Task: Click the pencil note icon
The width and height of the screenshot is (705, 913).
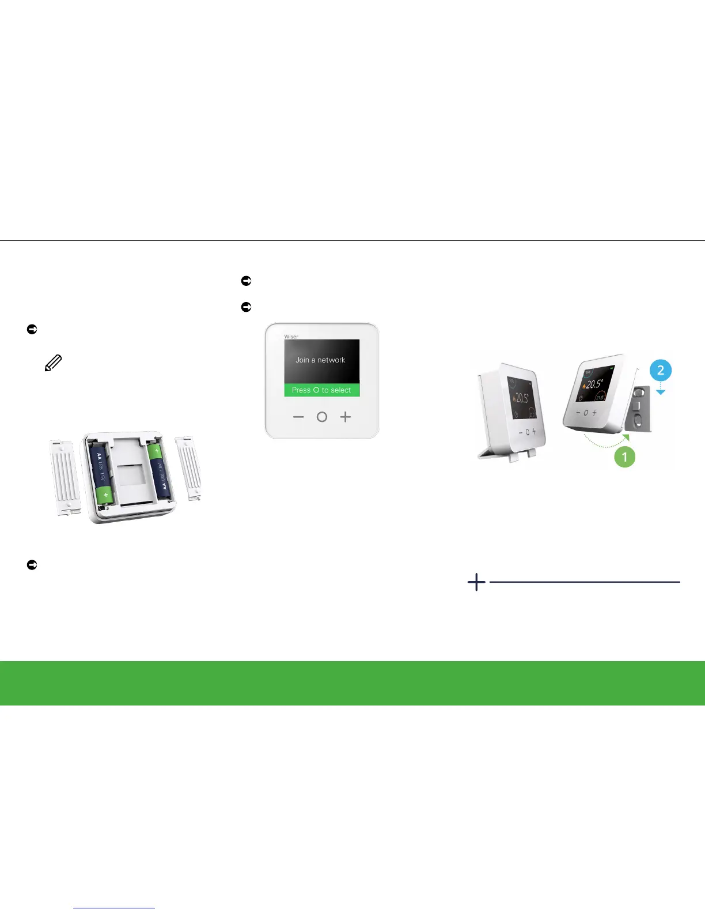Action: pyautogui.click(x=53, y=363)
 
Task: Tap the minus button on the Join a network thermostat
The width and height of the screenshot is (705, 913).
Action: pyautogui.click(x=298, y=417)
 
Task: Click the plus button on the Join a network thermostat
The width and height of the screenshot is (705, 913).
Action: pyautogui.click(x=345, y=417)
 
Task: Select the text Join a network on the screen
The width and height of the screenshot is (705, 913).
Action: pyautogui.click(x=320, y=360)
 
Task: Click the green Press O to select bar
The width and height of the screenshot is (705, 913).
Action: pyautogui.click(x=321, y=390)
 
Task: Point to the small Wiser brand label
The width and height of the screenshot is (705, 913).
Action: pyautogui.click(x=291, y=337)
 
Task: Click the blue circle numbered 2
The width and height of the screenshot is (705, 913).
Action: pyautogui.click(x=661, y=370)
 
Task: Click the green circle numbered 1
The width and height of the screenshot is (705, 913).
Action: pyautogui.click(x=624, y=457)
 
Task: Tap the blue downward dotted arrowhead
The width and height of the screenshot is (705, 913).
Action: pyautogui.click(x=661, y=392)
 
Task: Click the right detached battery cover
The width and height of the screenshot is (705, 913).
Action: pyautogui.click(x=191, y=468)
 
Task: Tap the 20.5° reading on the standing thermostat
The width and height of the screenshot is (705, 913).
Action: pyautogui.click(x=521, y=398)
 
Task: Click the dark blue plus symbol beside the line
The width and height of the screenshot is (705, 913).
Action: pyautogui.click(x=476, y=582)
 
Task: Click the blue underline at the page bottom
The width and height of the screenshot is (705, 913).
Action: pyautogui.click(x=114, y=908)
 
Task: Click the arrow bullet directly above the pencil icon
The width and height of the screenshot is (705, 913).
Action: pyautogui.click(x=32, y=329)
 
